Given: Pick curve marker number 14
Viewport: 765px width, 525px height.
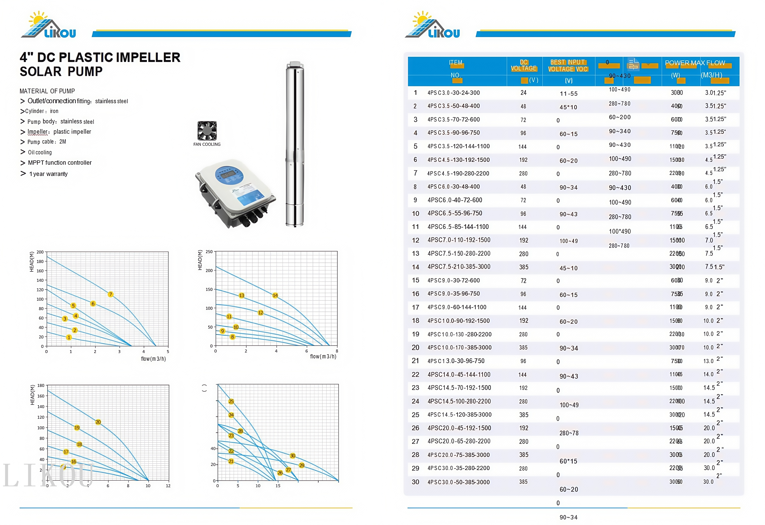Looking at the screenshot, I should (275, 295).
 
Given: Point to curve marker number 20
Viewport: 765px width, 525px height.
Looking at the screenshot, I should (98, 422).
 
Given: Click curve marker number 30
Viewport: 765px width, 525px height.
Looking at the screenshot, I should (293, 456).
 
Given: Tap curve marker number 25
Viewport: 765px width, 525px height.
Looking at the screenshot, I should (231, 401).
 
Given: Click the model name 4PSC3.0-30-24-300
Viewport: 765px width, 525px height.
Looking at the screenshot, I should (454, 93).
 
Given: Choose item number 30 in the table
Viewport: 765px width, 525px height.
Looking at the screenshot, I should (415, 482).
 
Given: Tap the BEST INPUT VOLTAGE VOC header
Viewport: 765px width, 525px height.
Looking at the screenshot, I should (568, 65).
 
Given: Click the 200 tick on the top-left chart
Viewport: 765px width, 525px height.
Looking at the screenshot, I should (40, 252).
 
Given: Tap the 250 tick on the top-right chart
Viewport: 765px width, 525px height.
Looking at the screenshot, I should (209, 252).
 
